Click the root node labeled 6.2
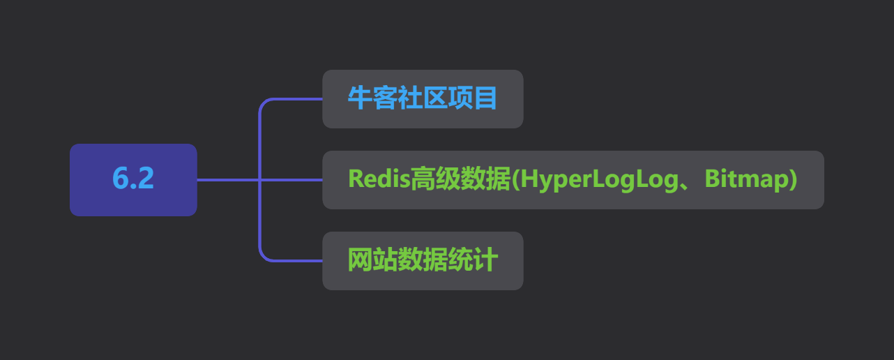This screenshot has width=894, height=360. [x=133, y=179]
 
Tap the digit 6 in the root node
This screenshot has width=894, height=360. [x=121, y=179]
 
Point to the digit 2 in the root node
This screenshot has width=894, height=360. [x=145, y=178]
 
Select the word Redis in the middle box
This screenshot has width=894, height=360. [x=379, y=179]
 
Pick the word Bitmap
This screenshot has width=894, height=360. [x=745, y=179]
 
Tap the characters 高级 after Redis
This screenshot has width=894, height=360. [x=435, y=179]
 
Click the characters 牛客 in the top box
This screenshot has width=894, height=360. [x=372, y=98]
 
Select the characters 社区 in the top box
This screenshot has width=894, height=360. [x=423, y=98]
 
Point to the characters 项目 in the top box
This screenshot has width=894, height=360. [x=472, y=98]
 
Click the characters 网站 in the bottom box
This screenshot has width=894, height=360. [x=372, y=260]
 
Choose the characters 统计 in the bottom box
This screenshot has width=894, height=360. [x=473, y=260]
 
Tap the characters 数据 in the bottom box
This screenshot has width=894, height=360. [x=423, y=260]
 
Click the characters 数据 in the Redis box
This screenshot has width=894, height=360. [x=485, y=179]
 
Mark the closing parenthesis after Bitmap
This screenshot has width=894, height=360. [x=793, y=179]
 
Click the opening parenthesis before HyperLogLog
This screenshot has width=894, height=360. [x=515, y=179]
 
